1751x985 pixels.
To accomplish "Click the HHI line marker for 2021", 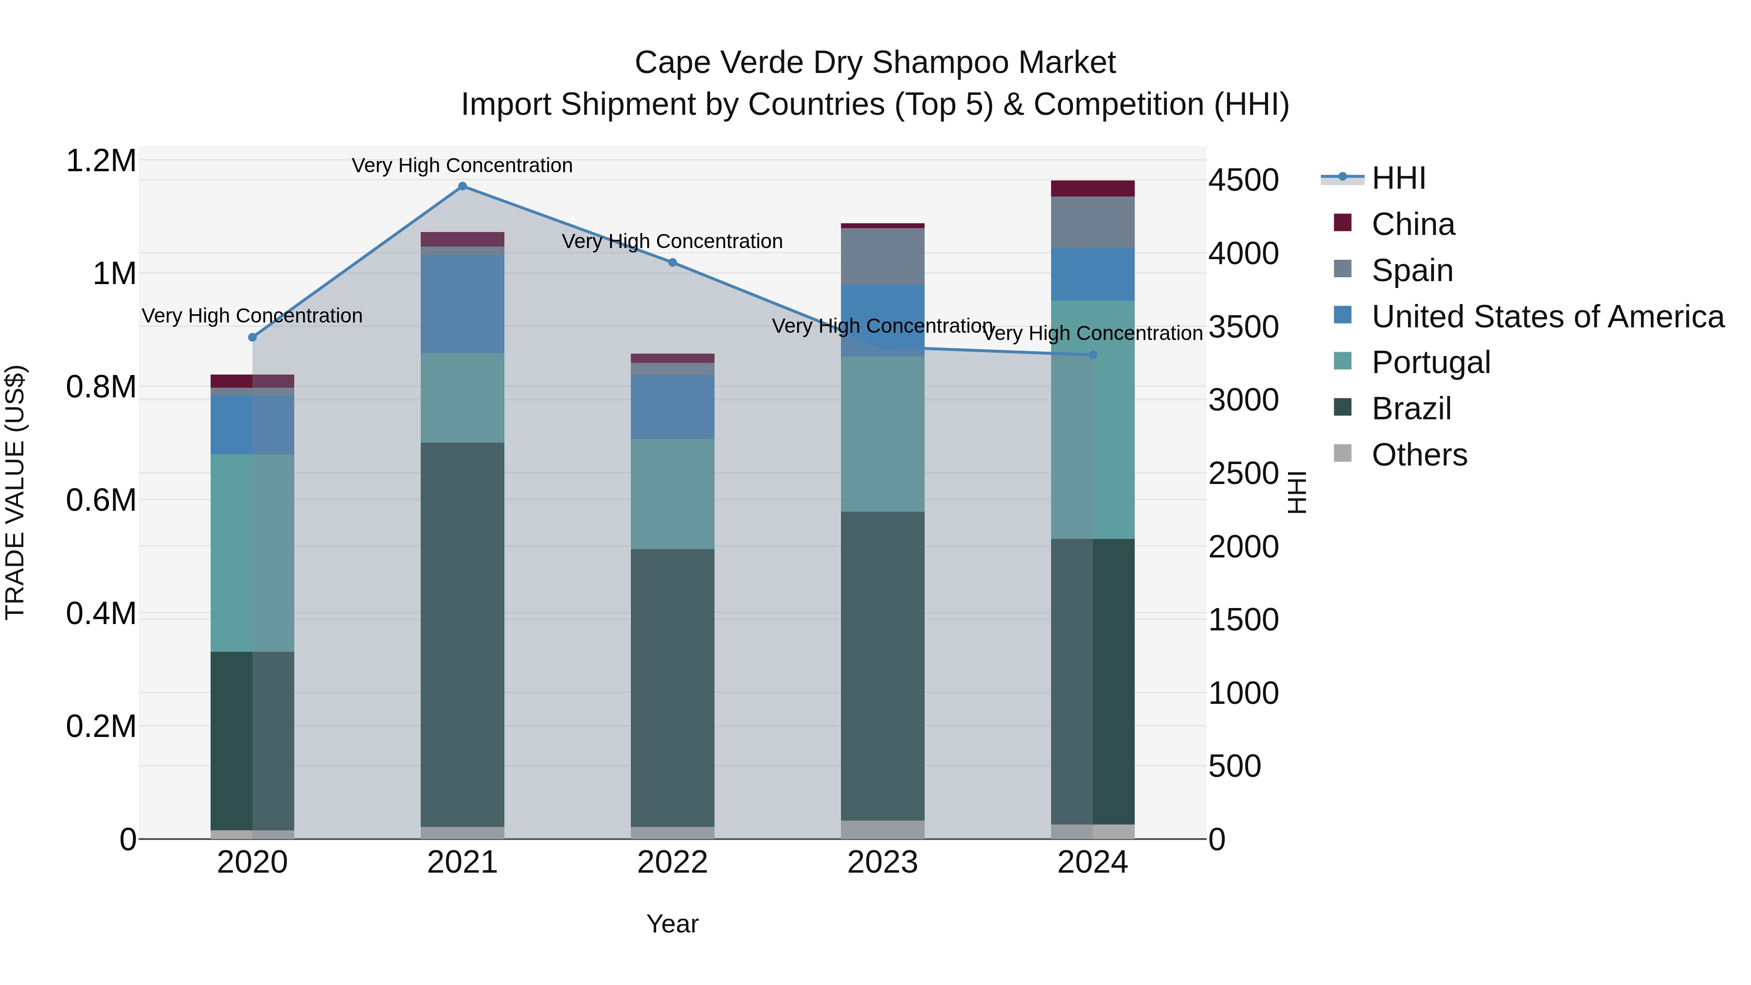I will pos(462,186).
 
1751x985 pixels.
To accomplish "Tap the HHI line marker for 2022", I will pos(672,262).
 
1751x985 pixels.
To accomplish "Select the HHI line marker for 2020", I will pos(252,337).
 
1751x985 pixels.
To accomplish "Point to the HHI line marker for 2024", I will pos(1093,355).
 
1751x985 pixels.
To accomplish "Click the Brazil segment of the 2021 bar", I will pos(462,632).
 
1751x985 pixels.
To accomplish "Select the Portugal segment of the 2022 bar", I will pos(672,494).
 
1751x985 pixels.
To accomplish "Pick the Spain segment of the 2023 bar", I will pos(882,256).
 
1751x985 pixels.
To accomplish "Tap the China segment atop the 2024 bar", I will pos(1092,188).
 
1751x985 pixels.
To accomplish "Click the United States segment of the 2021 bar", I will pos(462,304).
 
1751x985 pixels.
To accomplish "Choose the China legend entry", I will pos(1412,224).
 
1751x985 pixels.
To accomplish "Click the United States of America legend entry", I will pos(1547,317).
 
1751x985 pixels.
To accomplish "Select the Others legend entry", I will pos(1419,455).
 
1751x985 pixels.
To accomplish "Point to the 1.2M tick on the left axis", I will pos(101,161).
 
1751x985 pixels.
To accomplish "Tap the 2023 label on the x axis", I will pos(882,862).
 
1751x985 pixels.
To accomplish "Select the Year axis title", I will pos(672,924).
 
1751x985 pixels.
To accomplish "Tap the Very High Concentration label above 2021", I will pos(462,165).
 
